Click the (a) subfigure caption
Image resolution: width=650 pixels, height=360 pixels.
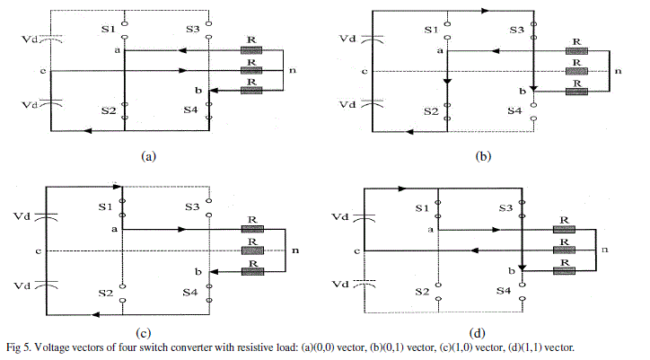point(149,154)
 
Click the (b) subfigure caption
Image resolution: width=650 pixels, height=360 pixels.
point(483,154)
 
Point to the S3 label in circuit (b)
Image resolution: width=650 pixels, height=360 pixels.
point(515,31)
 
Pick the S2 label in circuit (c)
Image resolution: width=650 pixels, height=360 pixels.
point(106,293)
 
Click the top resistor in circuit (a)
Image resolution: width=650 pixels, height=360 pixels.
point(250,50)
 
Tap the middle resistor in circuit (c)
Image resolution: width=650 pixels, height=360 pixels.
point(251,250)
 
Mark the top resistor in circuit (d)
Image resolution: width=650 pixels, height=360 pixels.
point(563,229)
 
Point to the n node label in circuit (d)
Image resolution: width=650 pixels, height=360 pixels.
point(603,249)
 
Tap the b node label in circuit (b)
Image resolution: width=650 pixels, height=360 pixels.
point(520,91)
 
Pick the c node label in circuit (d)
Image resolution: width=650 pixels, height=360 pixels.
point(357,250)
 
